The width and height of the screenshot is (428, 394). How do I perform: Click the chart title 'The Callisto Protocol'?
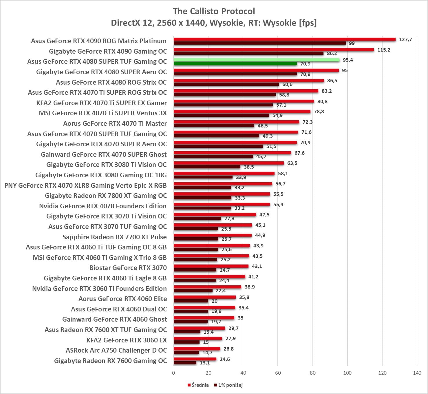point(214,11)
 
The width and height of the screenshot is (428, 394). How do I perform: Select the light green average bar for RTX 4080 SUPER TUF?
point(256,60)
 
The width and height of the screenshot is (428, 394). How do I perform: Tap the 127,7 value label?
point(405,39)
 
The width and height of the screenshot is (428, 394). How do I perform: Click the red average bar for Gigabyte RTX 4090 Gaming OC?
point(274,50)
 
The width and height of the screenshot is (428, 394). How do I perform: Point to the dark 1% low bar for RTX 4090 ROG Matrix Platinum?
point(260,43)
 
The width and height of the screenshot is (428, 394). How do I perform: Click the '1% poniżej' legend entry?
point(228,385)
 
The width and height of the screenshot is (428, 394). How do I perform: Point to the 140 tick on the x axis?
point(417,373)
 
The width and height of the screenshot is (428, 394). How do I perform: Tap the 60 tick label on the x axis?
point(278,373)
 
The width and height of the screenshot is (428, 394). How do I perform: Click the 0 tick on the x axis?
point(173,373)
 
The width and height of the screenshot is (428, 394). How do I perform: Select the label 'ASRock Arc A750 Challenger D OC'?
point(116,350)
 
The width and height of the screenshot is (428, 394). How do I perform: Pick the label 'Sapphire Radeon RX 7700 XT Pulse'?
point(114,237)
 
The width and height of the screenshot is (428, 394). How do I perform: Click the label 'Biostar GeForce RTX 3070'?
point(128,268)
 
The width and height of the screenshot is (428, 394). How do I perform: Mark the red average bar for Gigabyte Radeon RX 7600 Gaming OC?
point(195,359)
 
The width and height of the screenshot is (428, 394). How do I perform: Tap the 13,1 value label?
point(205,363)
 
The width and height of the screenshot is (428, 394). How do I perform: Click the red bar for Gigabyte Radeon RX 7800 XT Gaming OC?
point(222,194)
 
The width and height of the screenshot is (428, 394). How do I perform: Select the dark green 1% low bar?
point(235,64)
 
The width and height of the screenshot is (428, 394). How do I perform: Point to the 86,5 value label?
point(332,81)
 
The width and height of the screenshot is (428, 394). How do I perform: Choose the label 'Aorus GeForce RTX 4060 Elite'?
point(122,299)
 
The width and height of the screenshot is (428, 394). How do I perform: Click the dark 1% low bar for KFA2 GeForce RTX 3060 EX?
point(186,342)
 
